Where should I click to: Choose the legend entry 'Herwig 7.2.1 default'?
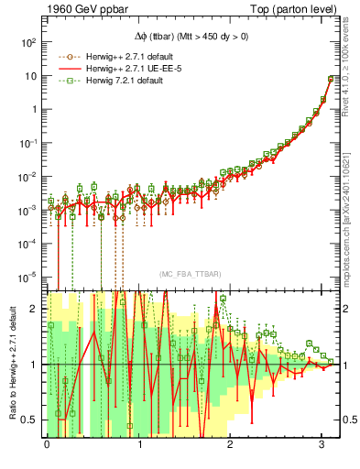point(120,82)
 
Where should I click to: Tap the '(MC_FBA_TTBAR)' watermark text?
point(190,275)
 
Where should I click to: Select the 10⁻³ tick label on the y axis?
point(26,209)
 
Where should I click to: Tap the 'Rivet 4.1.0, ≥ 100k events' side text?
point(351,70)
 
